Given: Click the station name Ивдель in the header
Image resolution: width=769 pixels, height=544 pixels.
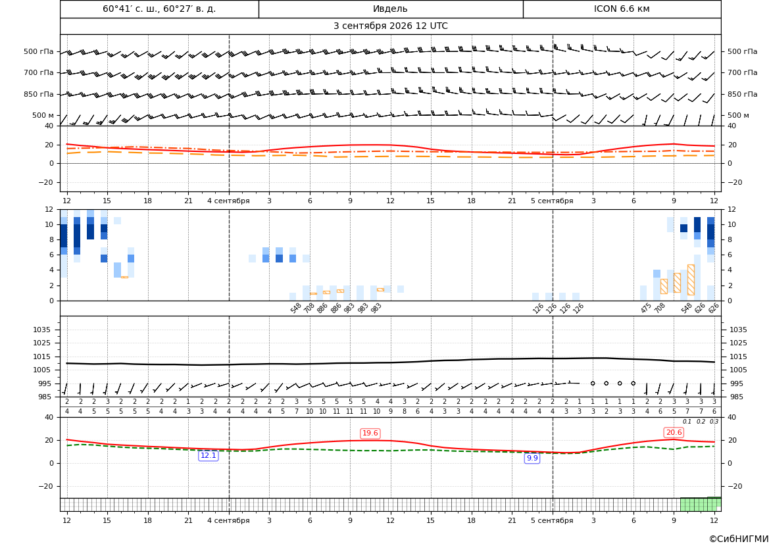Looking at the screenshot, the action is [x=390, y=9].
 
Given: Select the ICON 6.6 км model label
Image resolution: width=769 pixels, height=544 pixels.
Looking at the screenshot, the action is [x=622, y=9].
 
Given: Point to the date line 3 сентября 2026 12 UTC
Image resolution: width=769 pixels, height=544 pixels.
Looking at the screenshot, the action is [x=390, y=26].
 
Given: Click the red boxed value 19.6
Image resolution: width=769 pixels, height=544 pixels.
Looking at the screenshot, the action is [x=370, y=433].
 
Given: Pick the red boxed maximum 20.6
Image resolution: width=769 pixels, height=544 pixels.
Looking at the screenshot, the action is [x=674, y=432].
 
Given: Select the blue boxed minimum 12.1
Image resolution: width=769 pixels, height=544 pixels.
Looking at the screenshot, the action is [x=208, y=455].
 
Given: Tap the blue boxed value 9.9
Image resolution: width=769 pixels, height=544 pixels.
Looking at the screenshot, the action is [x=532, y=458].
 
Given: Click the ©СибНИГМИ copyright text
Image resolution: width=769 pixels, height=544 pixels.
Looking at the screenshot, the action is [x=739, y=539].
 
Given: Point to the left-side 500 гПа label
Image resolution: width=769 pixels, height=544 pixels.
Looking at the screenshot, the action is [x=38, y=51].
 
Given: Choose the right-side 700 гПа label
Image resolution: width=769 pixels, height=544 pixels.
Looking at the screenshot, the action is [x=742, y=72].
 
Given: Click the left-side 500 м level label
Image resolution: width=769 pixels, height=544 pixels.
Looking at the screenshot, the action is [x=43, y=115].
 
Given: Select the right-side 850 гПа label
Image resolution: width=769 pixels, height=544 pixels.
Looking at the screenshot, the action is [x=742, y=94].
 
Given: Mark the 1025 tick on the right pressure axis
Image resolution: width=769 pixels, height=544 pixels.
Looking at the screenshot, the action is [x=738, y=343].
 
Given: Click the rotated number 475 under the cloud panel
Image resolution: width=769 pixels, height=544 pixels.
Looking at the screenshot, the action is [x=646, y=308].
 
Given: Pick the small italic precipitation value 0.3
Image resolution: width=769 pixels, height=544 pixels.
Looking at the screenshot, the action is [x=714, y=422].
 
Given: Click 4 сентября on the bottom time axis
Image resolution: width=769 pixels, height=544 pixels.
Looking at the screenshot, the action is [x=228, y=520].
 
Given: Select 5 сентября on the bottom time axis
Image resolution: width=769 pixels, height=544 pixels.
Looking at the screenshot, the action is [x=552, y=520].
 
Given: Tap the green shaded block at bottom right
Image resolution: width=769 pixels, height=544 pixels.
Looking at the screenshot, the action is [x=701, y=505].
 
